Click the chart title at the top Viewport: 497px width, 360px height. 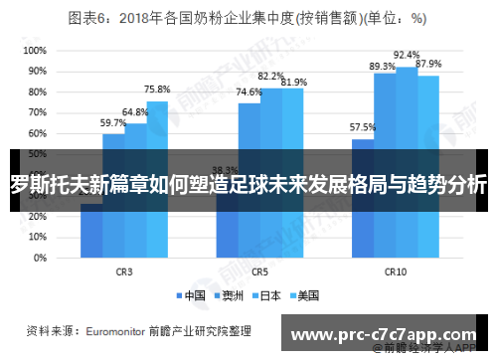click(248, 17)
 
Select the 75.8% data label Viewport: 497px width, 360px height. click(156, 90)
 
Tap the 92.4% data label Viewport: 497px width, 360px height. click(407, 55)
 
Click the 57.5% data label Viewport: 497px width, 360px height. click(363, 127)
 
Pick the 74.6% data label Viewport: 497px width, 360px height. click(248, 91)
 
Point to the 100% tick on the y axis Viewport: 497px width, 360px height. click(35, 50)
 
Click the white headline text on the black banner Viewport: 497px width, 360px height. click(248, 185)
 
